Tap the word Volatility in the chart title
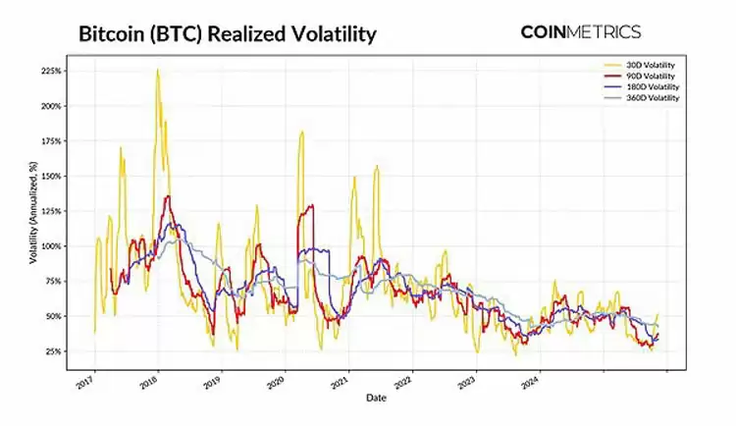click(x=330, y=34)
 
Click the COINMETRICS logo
click(x=580, y=31)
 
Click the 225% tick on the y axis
click(x=52, y=72)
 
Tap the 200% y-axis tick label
click(x=52, y=106)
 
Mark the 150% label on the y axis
click(x=52, y=176)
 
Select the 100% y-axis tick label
click(x=52, y=246)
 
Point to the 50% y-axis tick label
click(x=54, y=316)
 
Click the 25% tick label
click(x=54, y=351)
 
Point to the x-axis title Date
click(x=376, y=397)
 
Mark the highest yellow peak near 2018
click(x=157, y=70)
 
